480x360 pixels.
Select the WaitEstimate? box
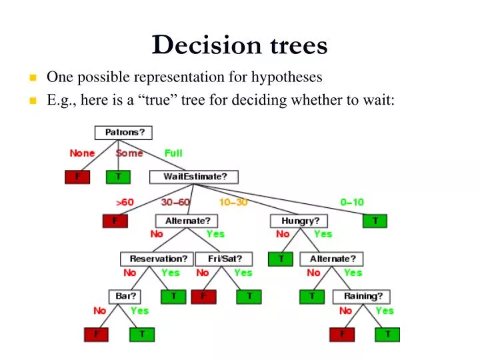[193, 177]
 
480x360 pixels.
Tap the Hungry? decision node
[300, 221]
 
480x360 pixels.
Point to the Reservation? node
[157, 258]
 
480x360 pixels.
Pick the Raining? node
[363, 296]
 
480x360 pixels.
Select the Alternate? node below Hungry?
[332, 258]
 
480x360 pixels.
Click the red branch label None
[82, 153]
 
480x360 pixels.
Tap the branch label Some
[129, 153]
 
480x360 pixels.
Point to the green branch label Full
[173, 153]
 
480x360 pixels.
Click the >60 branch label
[125, 201]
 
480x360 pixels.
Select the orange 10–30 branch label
[233, 201]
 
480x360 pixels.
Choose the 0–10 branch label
[351, 201]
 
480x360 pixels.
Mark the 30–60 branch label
[175, 201]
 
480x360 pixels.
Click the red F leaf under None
[77, 177]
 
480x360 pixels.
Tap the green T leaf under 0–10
[375, 221]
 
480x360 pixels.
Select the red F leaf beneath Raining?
[343, 334]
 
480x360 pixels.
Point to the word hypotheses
[287, 77]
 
